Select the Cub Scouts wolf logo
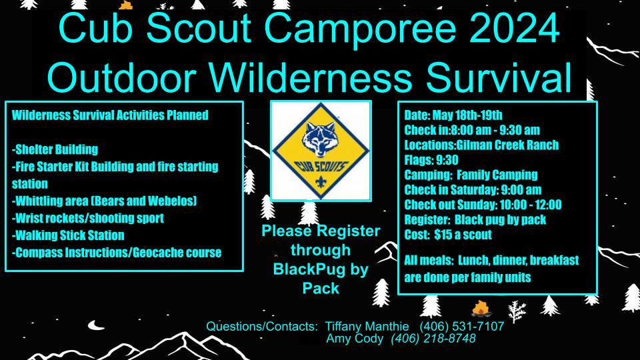coord(321,151)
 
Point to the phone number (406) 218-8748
coord(434,339)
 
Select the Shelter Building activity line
coord(55,149)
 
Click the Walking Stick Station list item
coord(68,235)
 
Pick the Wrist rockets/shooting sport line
coord(88,218)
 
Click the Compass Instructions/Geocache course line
coord(117,253)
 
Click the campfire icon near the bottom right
coord(481,308)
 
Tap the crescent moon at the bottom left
coord(98,325)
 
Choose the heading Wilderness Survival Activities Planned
coord(110,115)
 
